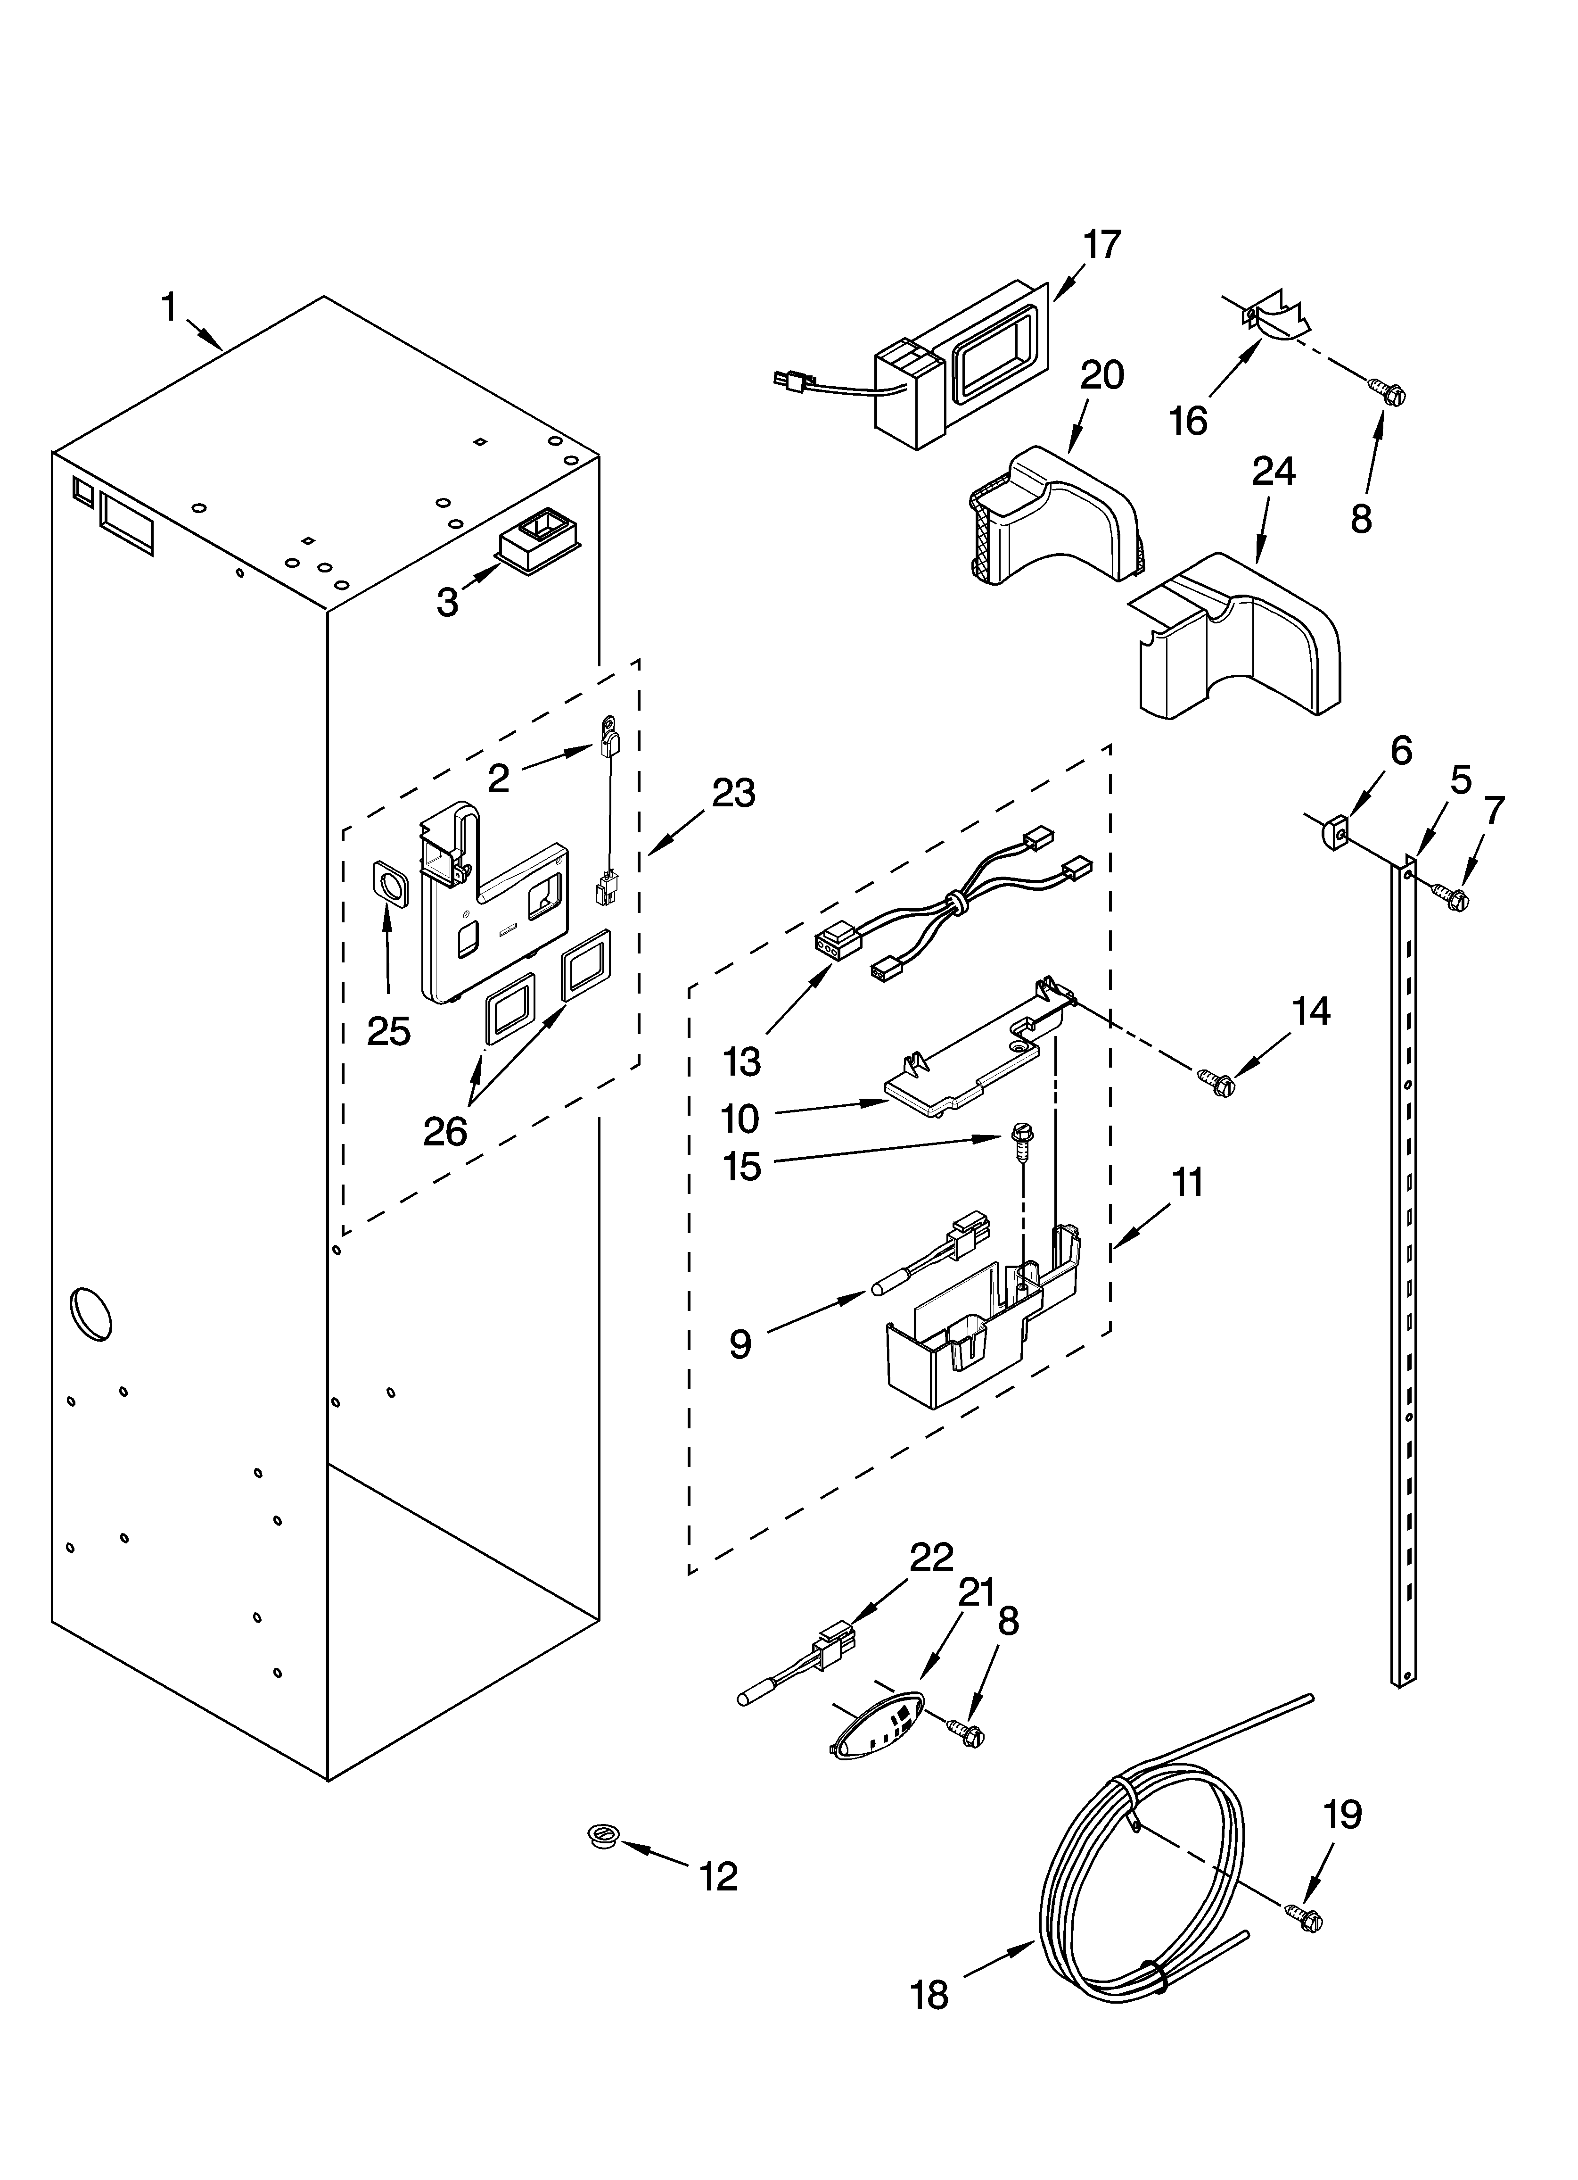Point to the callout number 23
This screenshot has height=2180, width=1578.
[x=733, y=794]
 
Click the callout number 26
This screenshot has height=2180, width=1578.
[x=445, y=1131]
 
